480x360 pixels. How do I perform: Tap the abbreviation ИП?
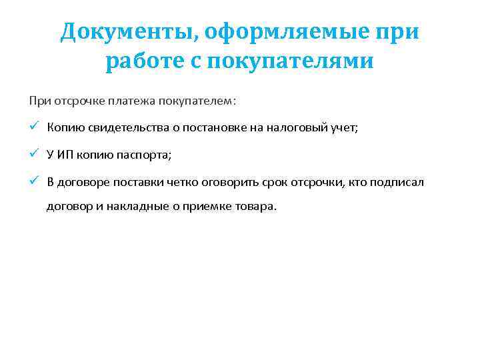point(65,155)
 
